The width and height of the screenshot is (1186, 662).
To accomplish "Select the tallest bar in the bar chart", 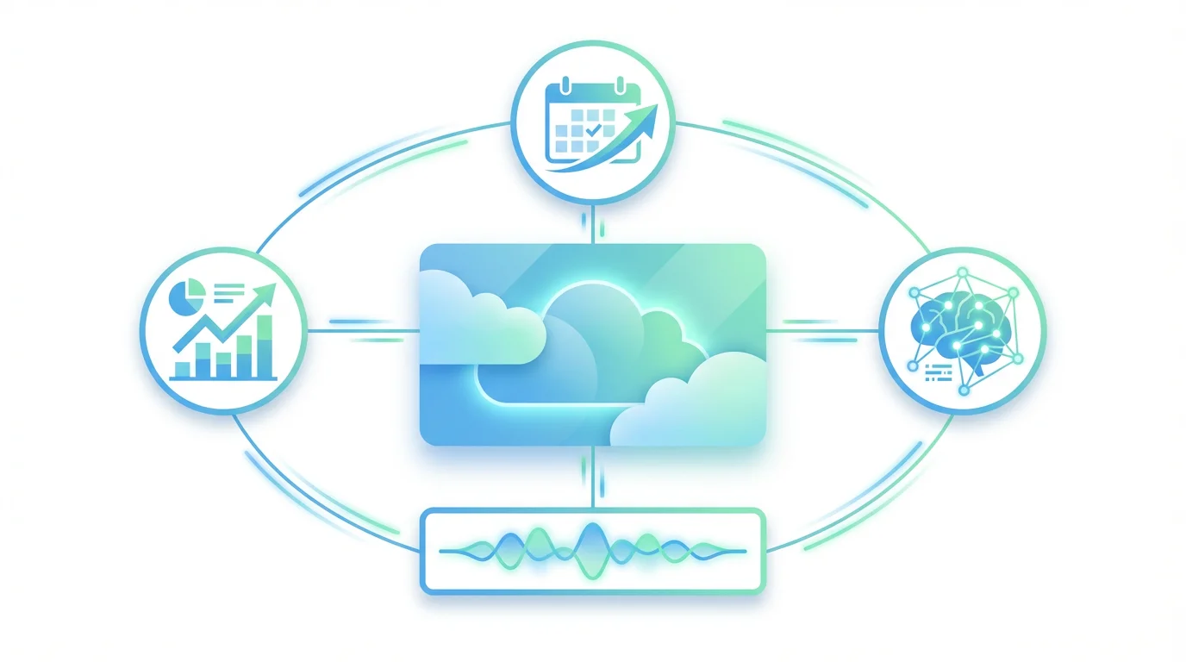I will (x=265, y=347).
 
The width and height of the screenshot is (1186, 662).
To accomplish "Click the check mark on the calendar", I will (x=593, y=129).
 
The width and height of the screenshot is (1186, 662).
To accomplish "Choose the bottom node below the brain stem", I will (x=964, y=390).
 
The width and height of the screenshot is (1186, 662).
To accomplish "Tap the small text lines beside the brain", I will (x=936, y=372).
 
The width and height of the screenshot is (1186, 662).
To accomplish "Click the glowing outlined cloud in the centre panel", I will (x=586, y=345).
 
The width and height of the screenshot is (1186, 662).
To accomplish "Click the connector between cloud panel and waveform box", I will (x=593, y=478).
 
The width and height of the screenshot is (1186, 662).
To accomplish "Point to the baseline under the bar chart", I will (x=222, y=379).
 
